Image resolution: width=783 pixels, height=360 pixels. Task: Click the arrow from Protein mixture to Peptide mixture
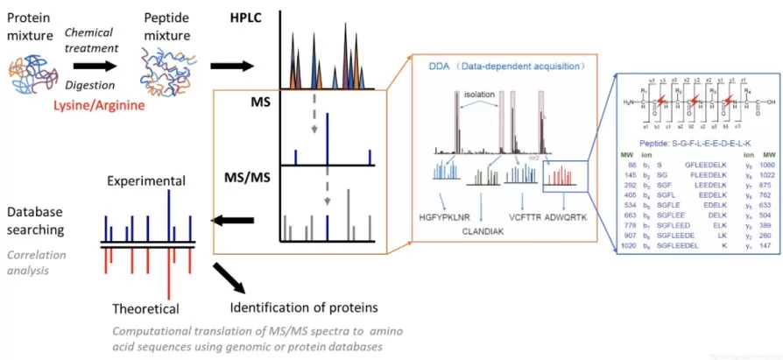[x=95, y=64]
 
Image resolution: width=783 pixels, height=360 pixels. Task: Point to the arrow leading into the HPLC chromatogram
[x=231, y=67]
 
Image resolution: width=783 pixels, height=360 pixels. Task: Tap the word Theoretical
[x=145, y=308]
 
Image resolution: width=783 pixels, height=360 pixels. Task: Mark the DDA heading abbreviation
[x=441, y=66]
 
